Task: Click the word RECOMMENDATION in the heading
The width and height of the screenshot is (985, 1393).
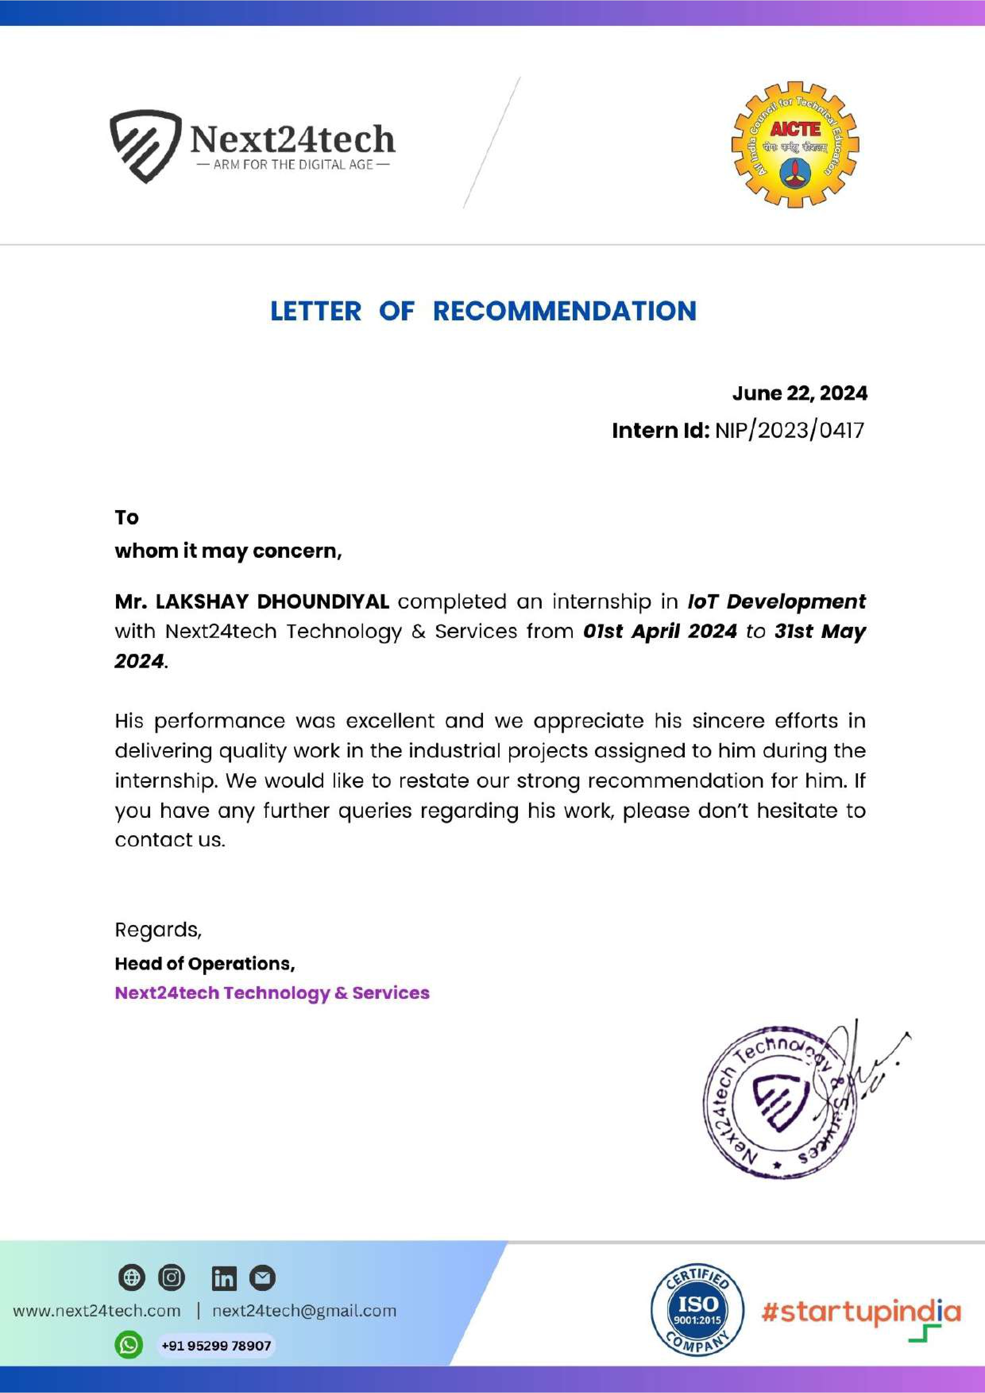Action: pos(564,311)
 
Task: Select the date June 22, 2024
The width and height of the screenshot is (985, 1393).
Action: pos(799,393)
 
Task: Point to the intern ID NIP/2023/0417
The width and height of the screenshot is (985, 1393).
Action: pos(789,430)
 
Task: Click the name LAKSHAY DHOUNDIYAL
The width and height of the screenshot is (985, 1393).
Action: pos(272,601)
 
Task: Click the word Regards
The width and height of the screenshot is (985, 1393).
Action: pos(158,929)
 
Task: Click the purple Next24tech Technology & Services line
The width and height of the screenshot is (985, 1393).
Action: pos(272,992)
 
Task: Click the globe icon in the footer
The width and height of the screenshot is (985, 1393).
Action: pos(131,1278)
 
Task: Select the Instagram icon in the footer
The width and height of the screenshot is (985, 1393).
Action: pos(172,1278)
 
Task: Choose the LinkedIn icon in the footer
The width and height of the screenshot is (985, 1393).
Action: pos(224,1278)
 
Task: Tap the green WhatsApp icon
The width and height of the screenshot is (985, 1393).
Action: pos(129,1345)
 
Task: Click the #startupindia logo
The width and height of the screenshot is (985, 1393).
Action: pos(861,1312)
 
